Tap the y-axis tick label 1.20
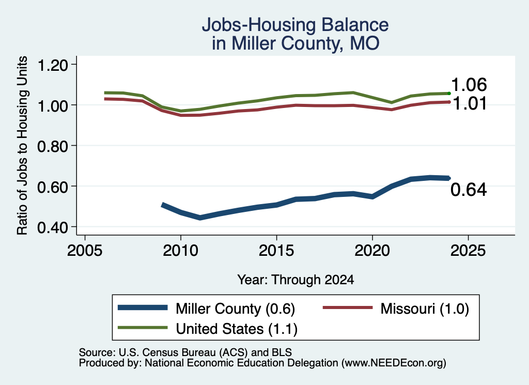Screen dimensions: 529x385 point(53,65)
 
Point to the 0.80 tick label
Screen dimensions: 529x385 point(53,146)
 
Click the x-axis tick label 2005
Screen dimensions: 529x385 point(85,251)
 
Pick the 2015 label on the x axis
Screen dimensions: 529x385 point(276,251)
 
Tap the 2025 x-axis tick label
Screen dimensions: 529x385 point(468,251)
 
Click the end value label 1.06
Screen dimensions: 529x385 point(469,85)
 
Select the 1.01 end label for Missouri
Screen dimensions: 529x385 point(469,103)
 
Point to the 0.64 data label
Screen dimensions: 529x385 point(469,190)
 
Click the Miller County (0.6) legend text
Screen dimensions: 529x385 point(236,309)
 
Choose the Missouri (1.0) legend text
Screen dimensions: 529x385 point(425,309)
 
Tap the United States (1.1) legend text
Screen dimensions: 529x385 point(237,329)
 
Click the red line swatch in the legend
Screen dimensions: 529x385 point(348,307)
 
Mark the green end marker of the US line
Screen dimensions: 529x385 point(449,94)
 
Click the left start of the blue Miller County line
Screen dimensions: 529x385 point(163,205)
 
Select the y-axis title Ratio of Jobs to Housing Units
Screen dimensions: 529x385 point(22,145)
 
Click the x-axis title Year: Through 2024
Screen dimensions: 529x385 point(295,280)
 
